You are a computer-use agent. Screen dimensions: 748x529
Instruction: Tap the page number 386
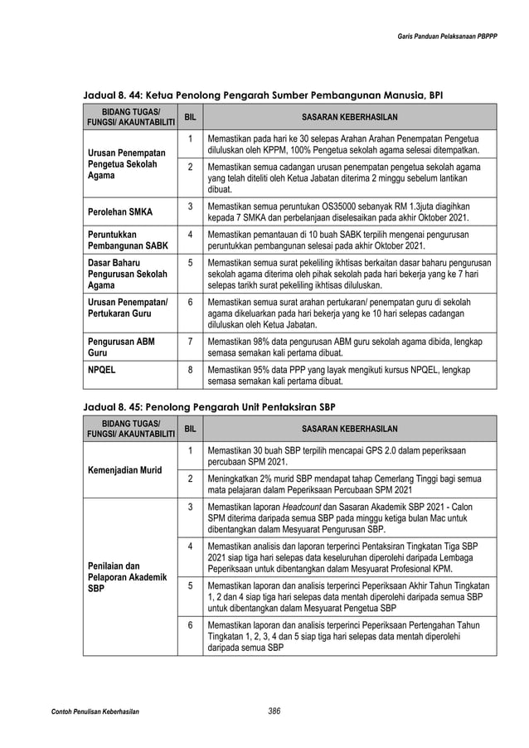pos(268,710)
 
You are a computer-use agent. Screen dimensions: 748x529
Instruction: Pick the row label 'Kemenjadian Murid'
pos(125,470)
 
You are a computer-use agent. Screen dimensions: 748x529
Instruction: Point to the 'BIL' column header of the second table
pos(190,429)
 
